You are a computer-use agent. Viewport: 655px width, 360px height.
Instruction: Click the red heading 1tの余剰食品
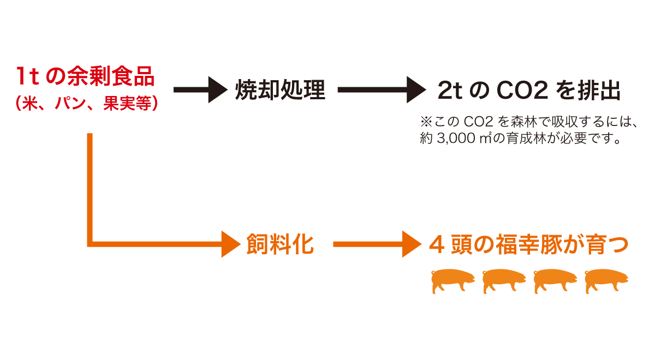pos(85,77)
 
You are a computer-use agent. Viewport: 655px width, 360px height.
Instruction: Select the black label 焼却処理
pos(280,90)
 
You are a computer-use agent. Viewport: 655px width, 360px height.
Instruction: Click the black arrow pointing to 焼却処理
pos(199,90)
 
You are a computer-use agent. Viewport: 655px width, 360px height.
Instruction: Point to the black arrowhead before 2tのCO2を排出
pos(418,90)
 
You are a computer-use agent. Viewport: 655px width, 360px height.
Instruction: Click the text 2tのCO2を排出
pos(529,91)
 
